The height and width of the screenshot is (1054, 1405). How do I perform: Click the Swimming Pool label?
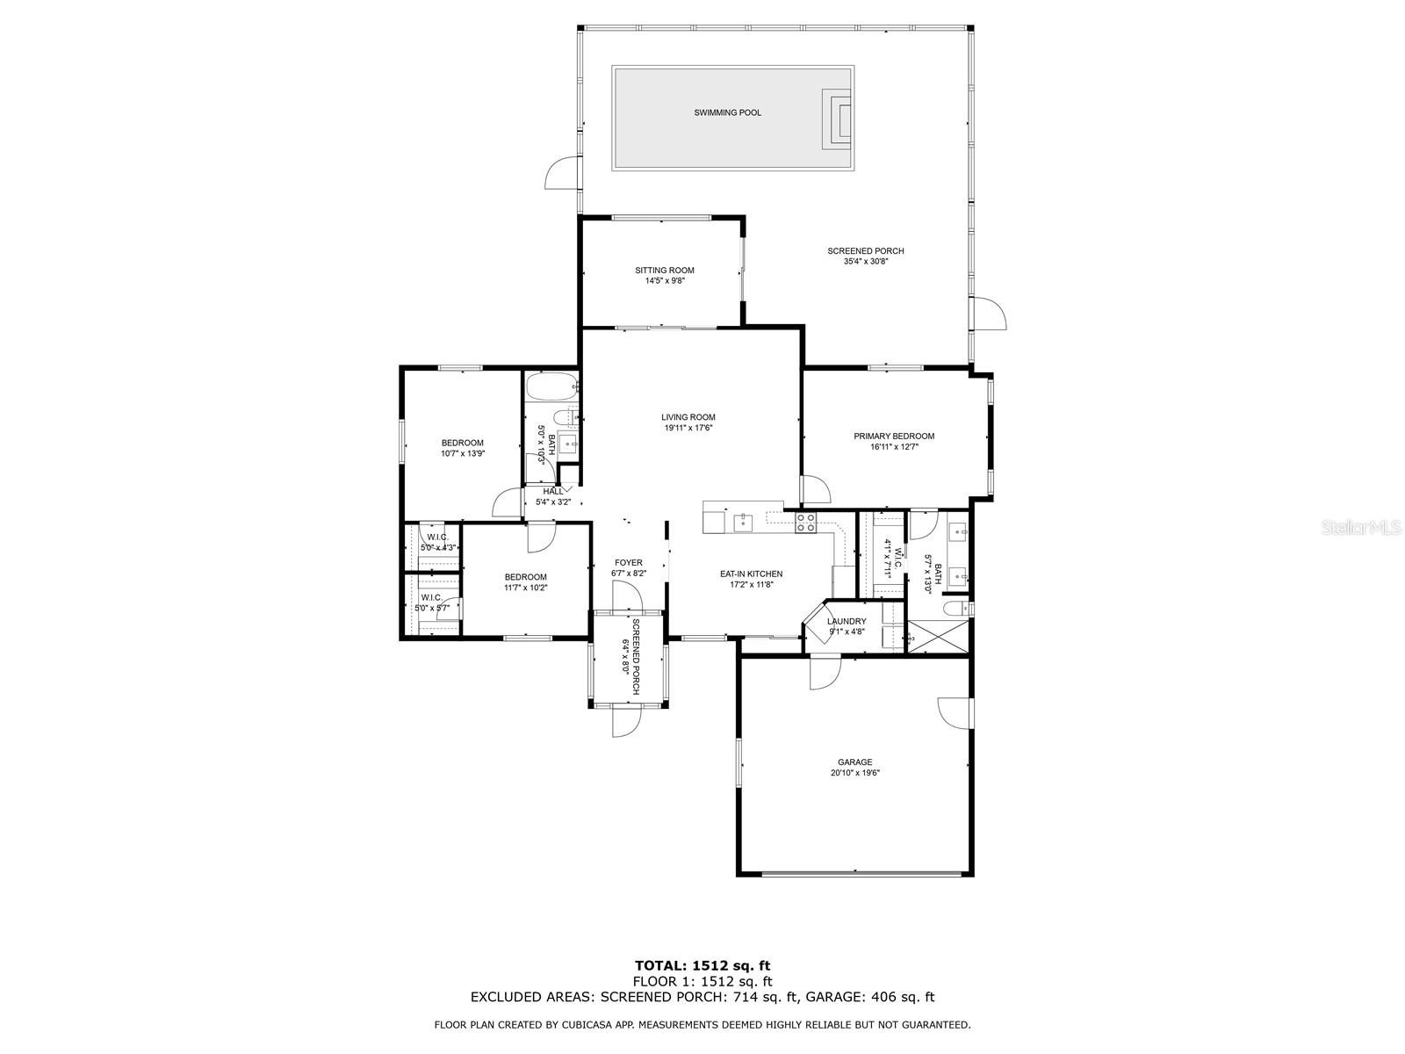pos(727,112)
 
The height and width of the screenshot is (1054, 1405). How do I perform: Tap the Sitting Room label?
pos(665,270)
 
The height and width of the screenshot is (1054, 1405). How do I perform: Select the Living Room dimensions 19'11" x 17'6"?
pos(688,428)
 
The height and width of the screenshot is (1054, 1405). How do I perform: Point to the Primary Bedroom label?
pos(894,437)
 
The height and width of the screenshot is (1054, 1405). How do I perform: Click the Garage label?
pos(854,762)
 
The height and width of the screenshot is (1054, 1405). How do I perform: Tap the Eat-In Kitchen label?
pos(751,574)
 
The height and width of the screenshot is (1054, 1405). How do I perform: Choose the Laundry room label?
pos(847,621)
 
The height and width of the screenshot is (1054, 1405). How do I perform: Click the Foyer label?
pos(629,563)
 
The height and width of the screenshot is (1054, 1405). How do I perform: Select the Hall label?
pos(553,492)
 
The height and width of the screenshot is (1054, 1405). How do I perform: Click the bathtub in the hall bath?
pos(551,387)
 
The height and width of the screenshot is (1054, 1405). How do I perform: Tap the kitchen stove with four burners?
pos(806,523)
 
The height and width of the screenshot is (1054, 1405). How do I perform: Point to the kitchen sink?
pos(743,523)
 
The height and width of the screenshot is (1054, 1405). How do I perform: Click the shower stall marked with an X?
pos(938,636)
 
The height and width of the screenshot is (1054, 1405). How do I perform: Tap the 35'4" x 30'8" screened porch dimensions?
pos(866,261)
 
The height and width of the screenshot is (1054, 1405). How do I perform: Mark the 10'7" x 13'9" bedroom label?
pos(462,448)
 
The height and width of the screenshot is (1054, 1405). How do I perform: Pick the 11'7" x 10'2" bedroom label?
pos(525,582)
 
